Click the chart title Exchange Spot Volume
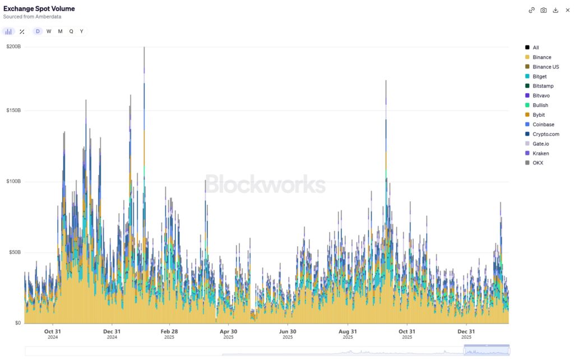pyautogui.click(x=39, y=9)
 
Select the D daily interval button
pyautogui.click(x=38, y=31)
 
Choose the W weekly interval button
pyautogui.click(x=49, y=31)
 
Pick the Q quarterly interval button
pyautogui.click(x=71, y=31)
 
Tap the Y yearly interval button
pyautogui.click(x=82, y=31)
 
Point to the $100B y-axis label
pyautogui.click(x=13, y=182)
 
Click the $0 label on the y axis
pyautogui.click(x=17, y=323)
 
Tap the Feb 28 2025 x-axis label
pyautogui.click(x=169, y=334)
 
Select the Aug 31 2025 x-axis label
pyautogui.click(x=348, y=334)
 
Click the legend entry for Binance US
pyautogui.click(x=545, y=67)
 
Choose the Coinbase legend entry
pyautogui.click(x=543, y=124)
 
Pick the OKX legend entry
pyautogui.click(x=538, y=163)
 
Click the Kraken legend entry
pyautogui.click(x=540, y=153)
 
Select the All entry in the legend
pyautogui.click(x=535, y=48)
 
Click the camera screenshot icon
pyautogui.click(x=544, y=10)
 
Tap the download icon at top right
pyautogui.click(x=556, y=10)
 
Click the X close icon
pyautogui.click(x=567, y=10)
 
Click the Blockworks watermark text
pyautogui.click(x=265, y=184)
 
